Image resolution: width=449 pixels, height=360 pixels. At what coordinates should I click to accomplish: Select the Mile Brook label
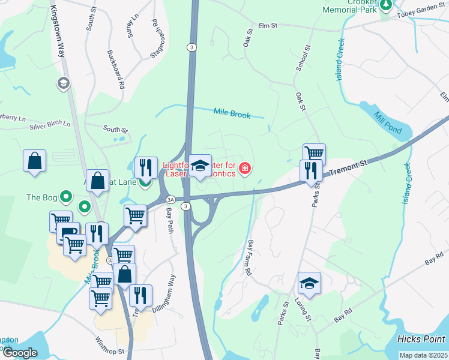point(232,112)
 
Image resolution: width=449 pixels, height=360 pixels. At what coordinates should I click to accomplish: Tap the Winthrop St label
point(109,346)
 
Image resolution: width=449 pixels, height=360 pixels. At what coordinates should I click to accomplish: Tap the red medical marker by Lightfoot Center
point(245,167)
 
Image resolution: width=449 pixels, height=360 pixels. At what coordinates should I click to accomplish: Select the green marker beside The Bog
point(67,196)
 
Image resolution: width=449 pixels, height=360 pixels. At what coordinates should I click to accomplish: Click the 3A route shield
point(170,199)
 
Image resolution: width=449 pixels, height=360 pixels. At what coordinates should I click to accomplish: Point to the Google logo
point(20,353)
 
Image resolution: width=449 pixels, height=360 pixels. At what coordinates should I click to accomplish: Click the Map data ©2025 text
point(423,355)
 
